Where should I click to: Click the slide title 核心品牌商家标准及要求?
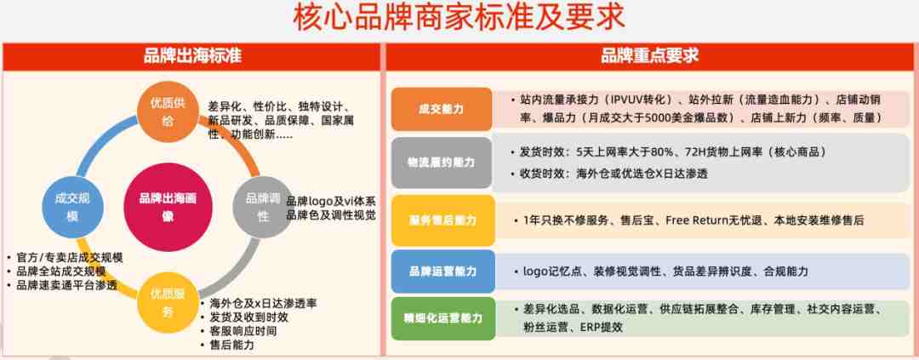point(459,20)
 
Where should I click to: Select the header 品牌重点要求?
point(649,56)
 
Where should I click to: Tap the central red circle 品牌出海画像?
point(168,207)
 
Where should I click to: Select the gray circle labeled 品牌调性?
point(263,207)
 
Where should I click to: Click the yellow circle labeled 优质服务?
point(168,302)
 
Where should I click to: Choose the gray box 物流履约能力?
point(442,163)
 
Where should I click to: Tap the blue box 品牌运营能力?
point(443,271)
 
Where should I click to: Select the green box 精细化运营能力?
point(443,318)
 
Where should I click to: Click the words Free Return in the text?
point(697,221)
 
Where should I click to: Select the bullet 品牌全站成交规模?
point(61,271)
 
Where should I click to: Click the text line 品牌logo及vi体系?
point(330,201)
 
